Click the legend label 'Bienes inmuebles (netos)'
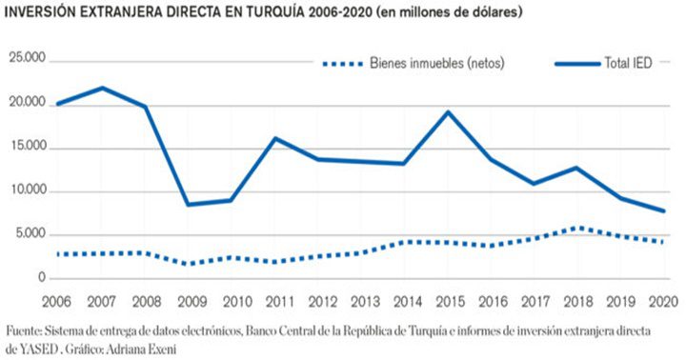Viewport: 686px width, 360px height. coord(439,64)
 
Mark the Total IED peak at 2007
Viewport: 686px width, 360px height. coord(103,88)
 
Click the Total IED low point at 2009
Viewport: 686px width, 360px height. coord(190,204)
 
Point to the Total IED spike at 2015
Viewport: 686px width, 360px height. coord(448,111)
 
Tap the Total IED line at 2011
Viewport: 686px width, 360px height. coord(275,138)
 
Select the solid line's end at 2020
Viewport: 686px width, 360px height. coord(663,210)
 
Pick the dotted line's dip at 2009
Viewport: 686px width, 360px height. coord(190,264)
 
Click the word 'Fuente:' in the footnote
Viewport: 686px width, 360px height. coord(25,330)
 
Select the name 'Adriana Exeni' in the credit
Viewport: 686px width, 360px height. coord(142,349)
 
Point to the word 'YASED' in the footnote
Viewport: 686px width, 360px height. coord(47,349)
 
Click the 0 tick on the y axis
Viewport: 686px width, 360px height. coord(40,279)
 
